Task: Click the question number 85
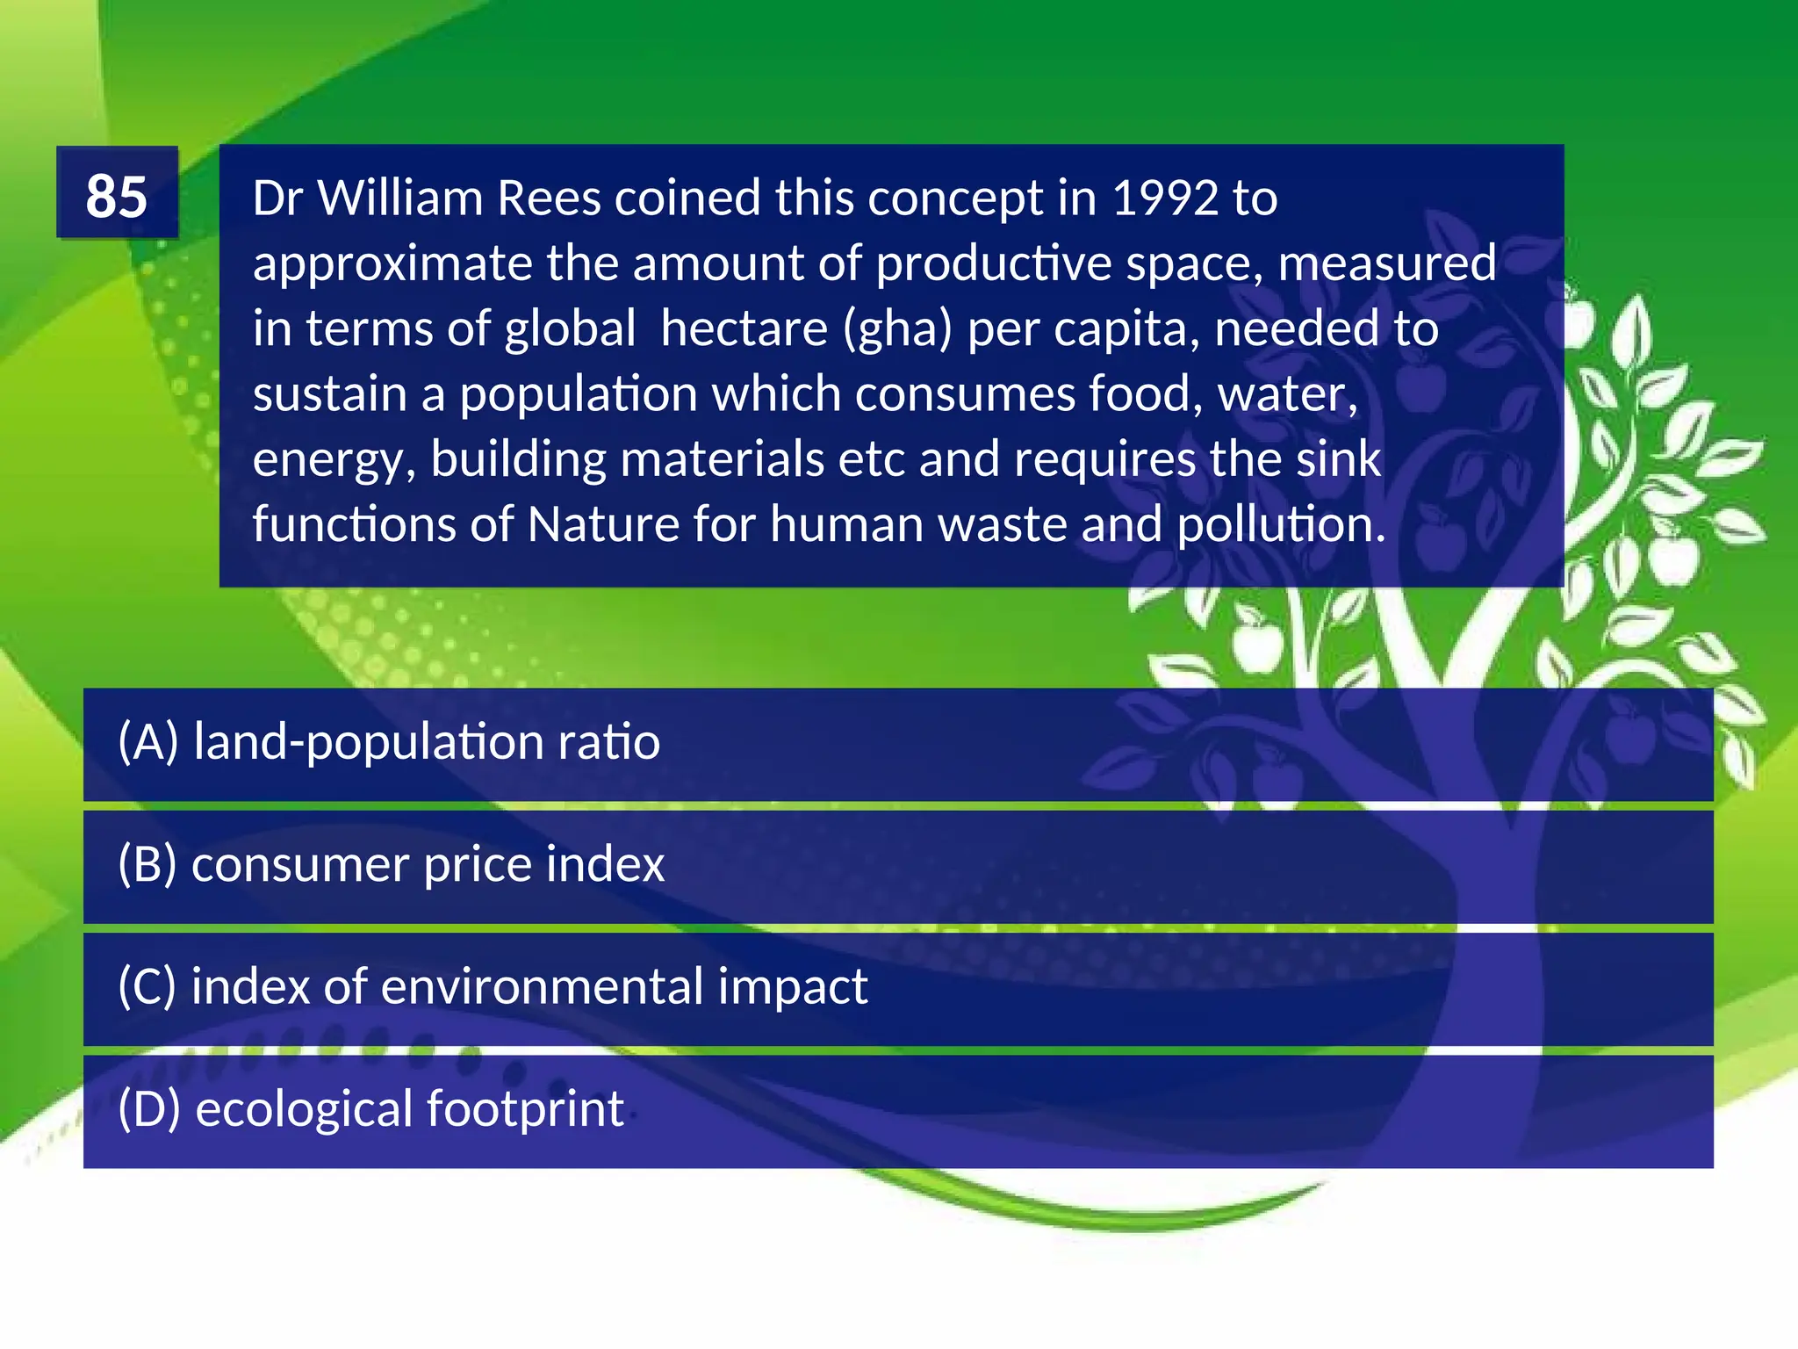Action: point(117,195)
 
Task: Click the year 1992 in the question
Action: point(1164,198)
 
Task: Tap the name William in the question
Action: point(400,198)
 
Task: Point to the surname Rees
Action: point(549,198)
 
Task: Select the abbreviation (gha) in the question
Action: point(897,329)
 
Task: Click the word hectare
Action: point(744,329)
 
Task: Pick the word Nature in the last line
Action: point(603,525)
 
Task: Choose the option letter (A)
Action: point(147,742)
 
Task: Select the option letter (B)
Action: point(147,864)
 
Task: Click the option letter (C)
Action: point(147,986)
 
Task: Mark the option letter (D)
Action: point(148,1108)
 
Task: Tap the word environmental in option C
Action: point(542,986)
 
